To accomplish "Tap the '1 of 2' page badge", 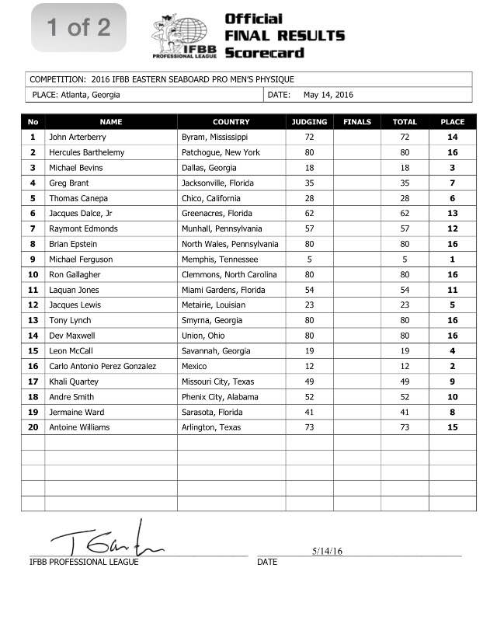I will [78, 28].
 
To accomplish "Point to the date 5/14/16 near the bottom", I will [328, 551].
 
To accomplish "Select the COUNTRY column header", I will [231, 122].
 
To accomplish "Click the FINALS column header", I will [357, 122].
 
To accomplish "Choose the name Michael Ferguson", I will [81, 260].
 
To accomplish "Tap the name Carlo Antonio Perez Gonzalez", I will [103, 367].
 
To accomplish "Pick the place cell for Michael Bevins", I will [452, 168].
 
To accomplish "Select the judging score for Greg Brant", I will [309, 183].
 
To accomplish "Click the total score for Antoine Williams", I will [405, 427].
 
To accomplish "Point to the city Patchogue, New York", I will [221, 152].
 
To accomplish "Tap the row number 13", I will [33, 321].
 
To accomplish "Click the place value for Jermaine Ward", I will [452, 413].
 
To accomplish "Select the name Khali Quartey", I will [75, 382].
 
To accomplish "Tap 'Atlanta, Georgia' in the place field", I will [89, 95].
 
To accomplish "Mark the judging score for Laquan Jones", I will [309, 290].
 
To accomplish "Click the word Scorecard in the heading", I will [264, 53].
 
